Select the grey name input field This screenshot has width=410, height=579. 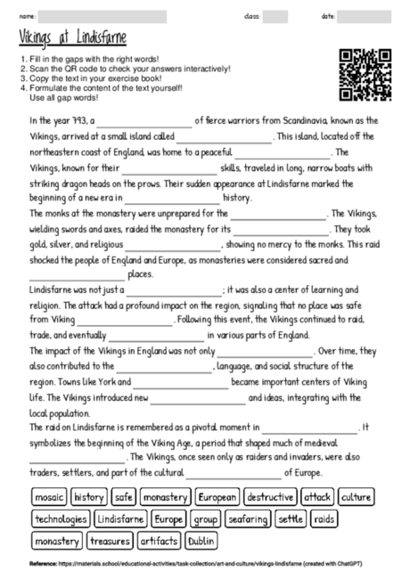pyautogui.click(x=103, y=16)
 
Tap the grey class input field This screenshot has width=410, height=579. pyautogui.click(x=275, y=16)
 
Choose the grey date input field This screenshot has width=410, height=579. pyautogui.click(x=365, y=16)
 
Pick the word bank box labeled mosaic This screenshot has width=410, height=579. pyautogui.click(x=49, y=497)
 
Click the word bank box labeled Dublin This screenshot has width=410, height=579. pyautogui.click(x=202, y=540)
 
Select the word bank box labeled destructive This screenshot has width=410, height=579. pyautogui.click(x=269, y=497)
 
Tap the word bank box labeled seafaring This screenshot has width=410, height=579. pyautogui.click(x=248, y=518)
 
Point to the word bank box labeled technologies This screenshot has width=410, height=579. pyautogui.click(x=60, y=518)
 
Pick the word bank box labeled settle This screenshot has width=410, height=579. pyautogui.click(x=291, y=518)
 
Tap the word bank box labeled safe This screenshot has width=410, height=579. pyautogui.click(x=124, y=497)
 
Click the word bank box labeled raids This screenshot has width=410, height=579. pyautogui.click(x=325, y=518)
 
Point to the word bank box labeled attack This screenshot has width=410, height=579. pyautogui.click(x=316, y=497)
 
